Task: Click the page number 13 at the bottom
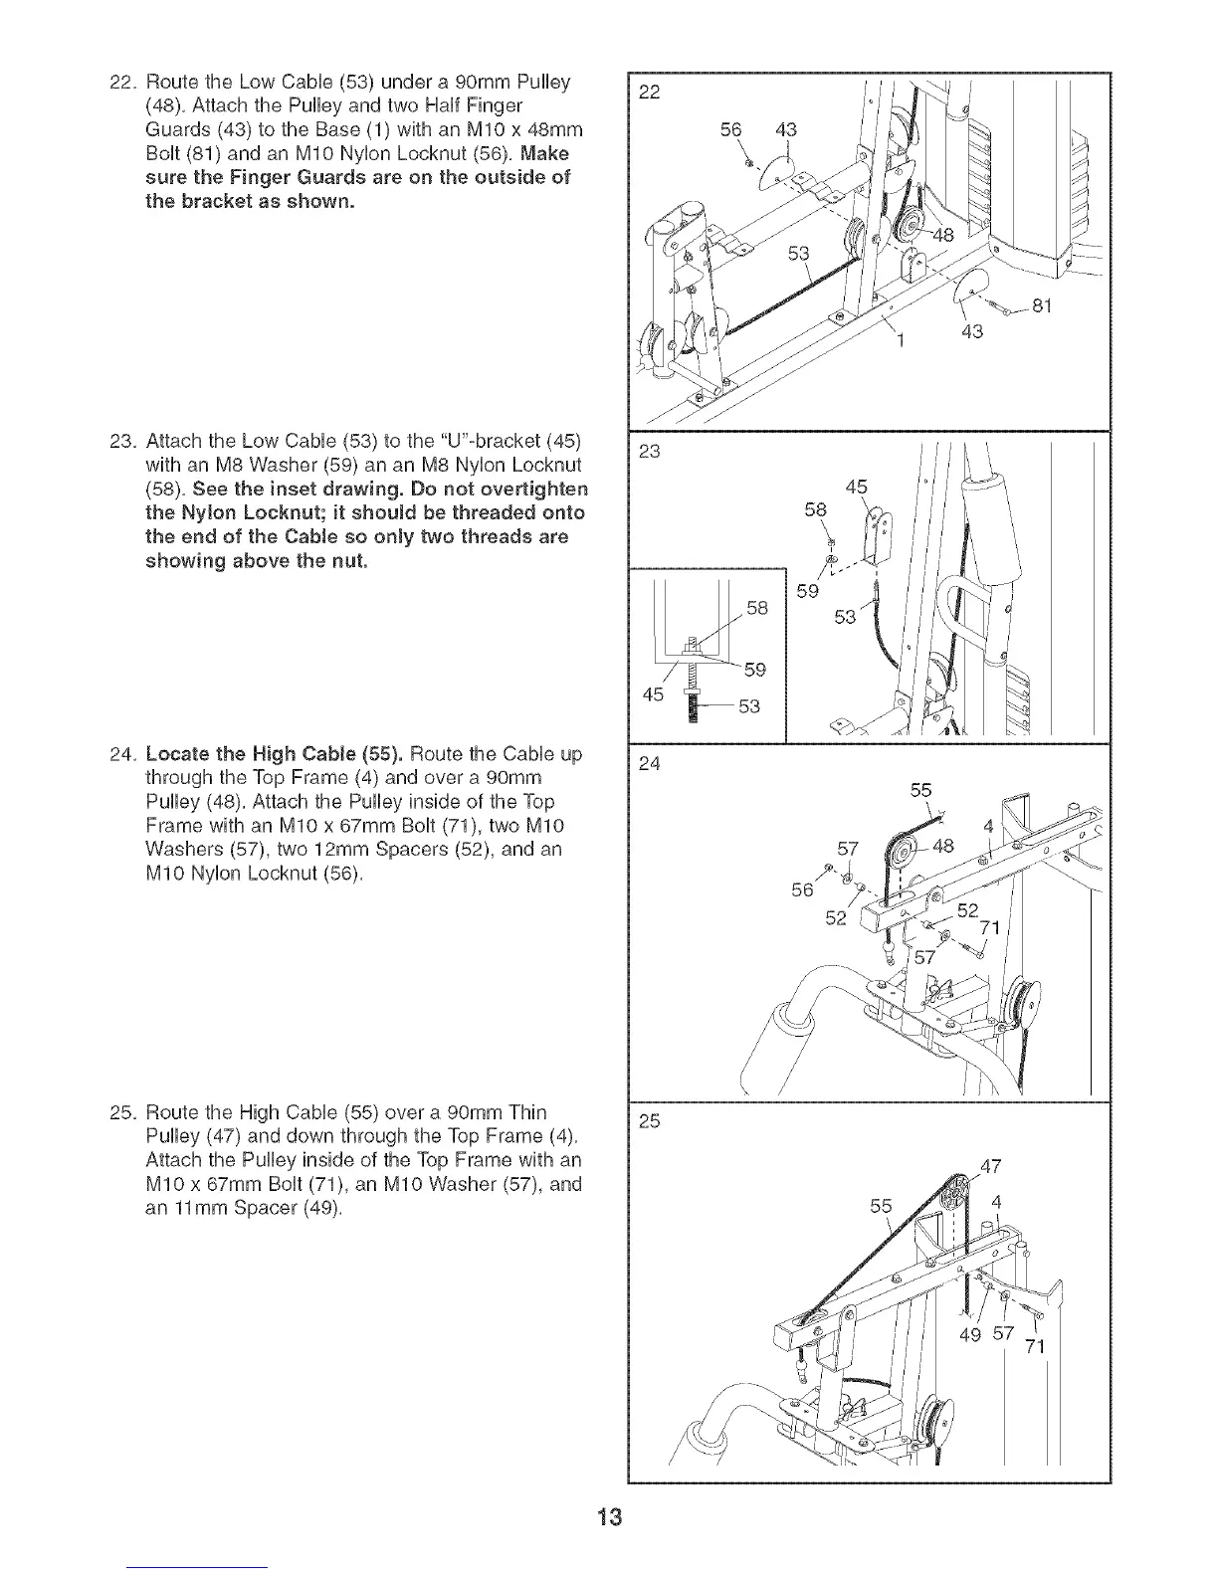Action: point(609,1517)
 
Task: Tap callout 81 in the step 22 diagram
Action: point(1043,306)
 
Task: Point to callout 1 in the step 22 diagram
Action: point(900,345)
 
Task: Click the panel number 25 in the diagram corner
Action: point(650,1122)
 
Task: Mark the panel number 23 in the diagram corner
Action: point(650,453)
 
